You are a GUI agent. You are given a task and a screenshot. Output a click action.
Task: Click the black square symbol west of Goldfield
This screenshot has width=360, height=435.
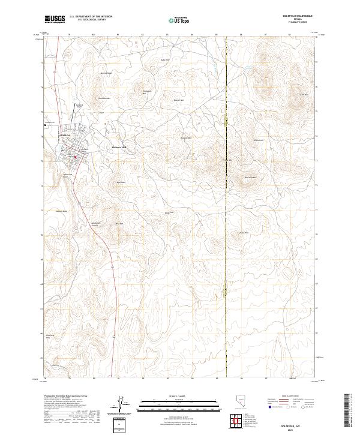[45, 124]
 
